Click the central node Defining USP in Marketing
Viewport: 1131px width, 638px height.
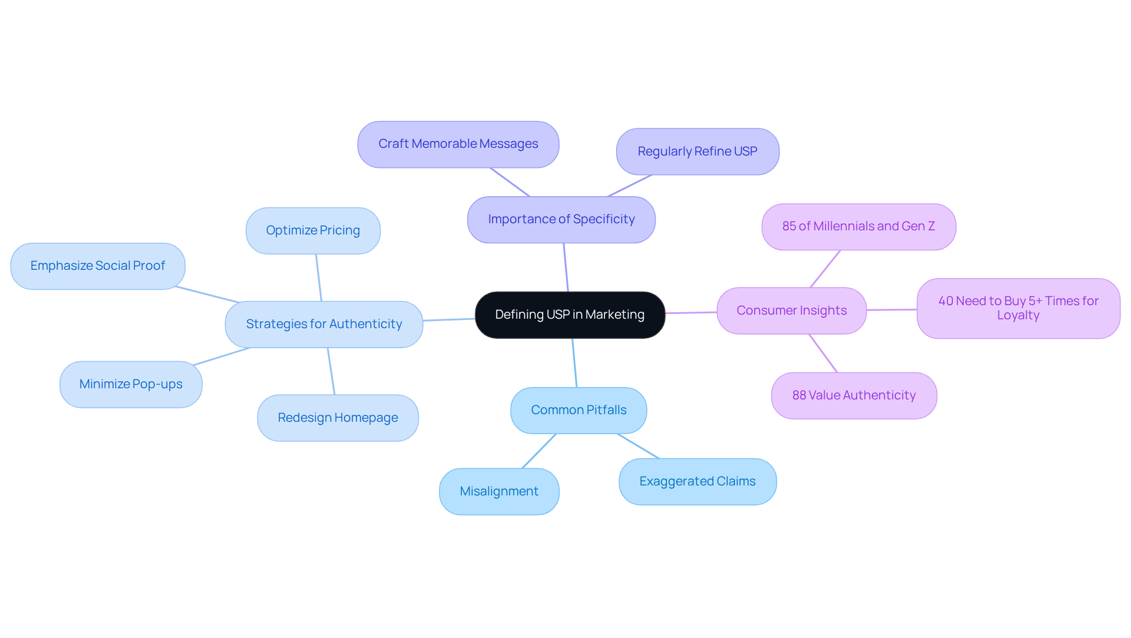(x=570, y=315)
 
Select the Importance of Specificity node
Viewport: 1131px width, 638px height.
(x=561, y=219)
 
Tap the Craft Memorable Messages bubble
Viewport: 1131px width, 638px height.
(x=458, y=144)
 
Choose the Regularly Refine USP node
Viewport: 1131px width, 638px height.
(x=697, y=151)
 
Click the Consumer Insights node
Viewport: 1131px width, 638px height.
(x=791, y=310)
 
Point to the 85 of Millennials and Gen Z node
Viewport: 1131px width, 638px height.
(x=858, y=226)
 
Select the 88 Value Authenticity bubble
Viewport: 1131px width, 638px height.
(x=854, y=395)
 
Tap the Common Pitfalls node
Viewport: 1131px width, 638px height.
(x=578, y=410)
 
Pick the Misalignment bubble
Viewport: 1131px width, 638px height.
(x=499, y=491)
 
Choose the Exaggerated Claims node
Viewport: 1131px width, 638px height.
(x=697, y=481)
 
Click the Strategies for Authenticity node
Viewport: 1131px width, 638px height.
(x=324, y=324)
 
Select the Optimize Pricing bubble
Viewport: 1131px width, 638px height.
(x=313, y=230)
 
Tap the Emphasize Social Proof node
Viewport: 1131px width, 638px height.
(x=98, y=266)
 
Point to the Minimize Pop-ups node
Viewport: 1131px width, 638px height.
(x=131, y=384)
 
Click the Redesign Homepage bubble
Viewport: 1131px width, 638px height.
(x=338, y=418)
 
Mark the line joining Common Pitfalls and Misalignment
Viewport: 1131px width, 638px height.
(x=538, y=451)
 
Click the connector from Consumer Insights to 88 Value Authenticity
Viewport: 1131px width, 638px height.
(x=823, y=353)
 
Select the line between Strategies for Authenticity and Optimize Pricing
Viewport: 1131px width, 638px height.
(x=319, y=277)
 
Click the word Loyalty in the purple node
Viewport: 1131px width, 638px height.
(x=1018, y=316)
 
